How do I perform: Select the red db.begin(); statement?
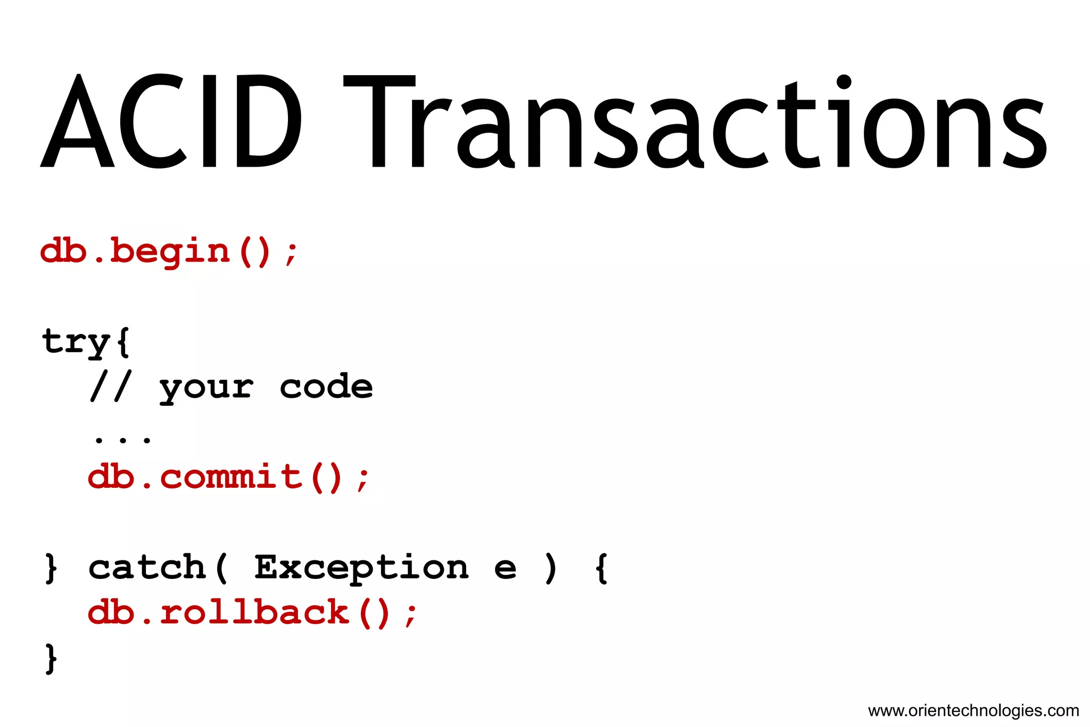click(169, 252)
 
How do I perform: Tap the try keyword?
click(76, 342)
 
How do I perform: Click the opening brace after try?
click(122, 342)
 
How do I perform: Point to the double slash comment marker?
click(111, 386)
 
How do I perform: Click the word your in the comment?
click(207, 388)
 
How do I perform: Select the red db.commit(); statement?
click(228, 477)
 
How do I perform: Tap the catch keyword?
click(147, 568)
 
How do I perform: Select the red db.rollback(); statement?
click(252, 612)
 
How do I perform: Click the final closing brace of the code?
click(51, 659)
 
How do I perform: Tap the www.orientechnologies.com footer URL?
click(973, 710)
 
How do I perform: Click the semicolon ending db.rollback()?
click(410, 616)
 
